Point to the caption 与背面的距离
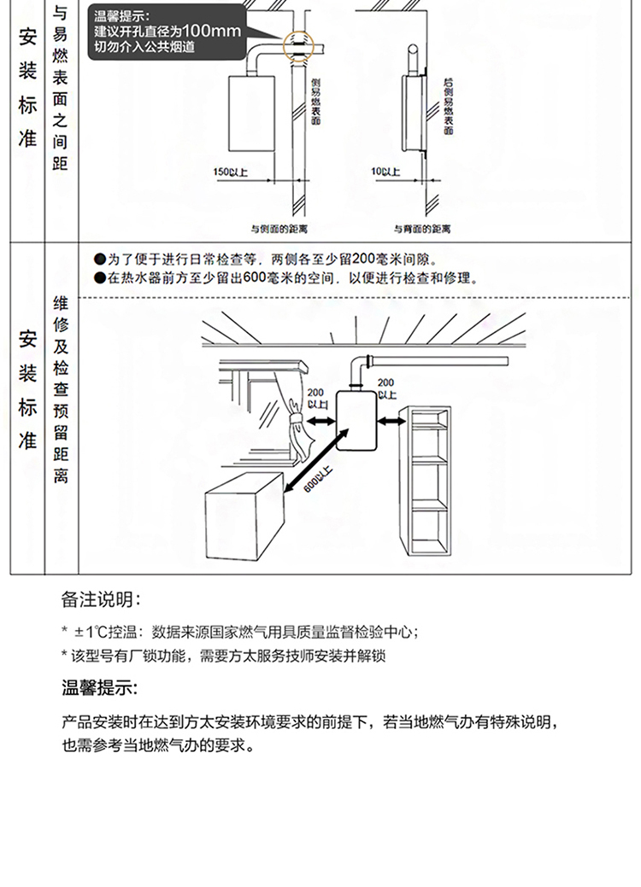tap(422, 228)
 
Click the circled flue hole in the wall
tap(298, 43)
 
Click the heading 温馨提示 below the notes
tap(100, 688)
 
